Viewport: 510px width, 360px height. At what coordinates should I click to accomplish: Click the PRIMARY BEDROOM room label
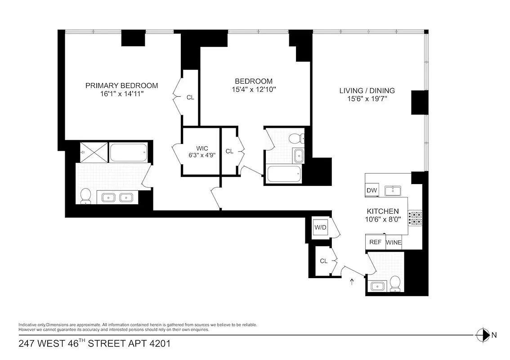point(121,85)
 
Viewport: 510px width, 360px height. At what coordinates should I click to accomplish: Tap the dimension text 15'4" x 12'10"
point(253,90)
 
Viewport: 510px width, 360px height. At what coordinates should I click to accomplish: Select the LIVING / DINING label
point(367,91)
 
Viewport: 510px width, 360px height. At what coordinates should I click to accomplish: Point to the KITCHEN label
point(383,211)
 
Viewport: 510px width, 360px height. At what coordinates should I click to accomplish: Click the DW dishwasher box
point(372,190)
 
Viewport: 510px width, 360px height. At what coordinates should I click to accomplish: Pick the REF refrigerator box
point(375,242)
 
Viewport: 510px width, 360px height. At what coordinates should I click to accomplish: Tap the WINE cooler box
point(394,242)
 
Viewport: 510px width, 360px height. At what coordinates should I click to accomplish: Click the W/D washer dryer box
point(320,227)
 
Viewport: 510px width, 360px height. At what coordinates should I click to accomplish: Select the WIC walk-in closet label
point(202,148)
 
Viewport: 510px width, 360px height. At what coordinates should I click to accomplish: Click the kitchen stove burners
point(415,218)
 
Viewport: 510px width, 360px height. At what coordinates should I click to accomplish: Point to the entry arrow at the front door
point(352,282)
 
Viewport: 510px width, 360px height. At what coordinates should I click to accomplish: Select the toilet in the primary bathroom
point(85,196)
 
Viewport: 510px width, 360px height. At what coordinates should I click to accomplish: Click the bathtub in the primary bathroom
point(128,153)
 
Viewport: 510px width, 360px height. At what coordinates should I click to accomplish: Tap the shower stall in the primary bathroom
point(94,152)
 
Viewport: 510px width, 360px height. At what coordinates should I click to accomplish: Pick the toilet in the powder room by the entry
point(395,283)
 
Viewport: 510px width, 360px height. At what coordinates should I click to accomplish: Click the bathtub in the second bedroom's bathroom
point(283,174)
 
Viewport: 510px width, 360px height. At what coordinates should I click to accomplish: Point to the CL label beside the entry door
point(323,261)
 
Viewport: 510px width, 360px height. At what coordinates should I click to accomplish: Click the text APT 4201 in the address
point(151,344)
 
